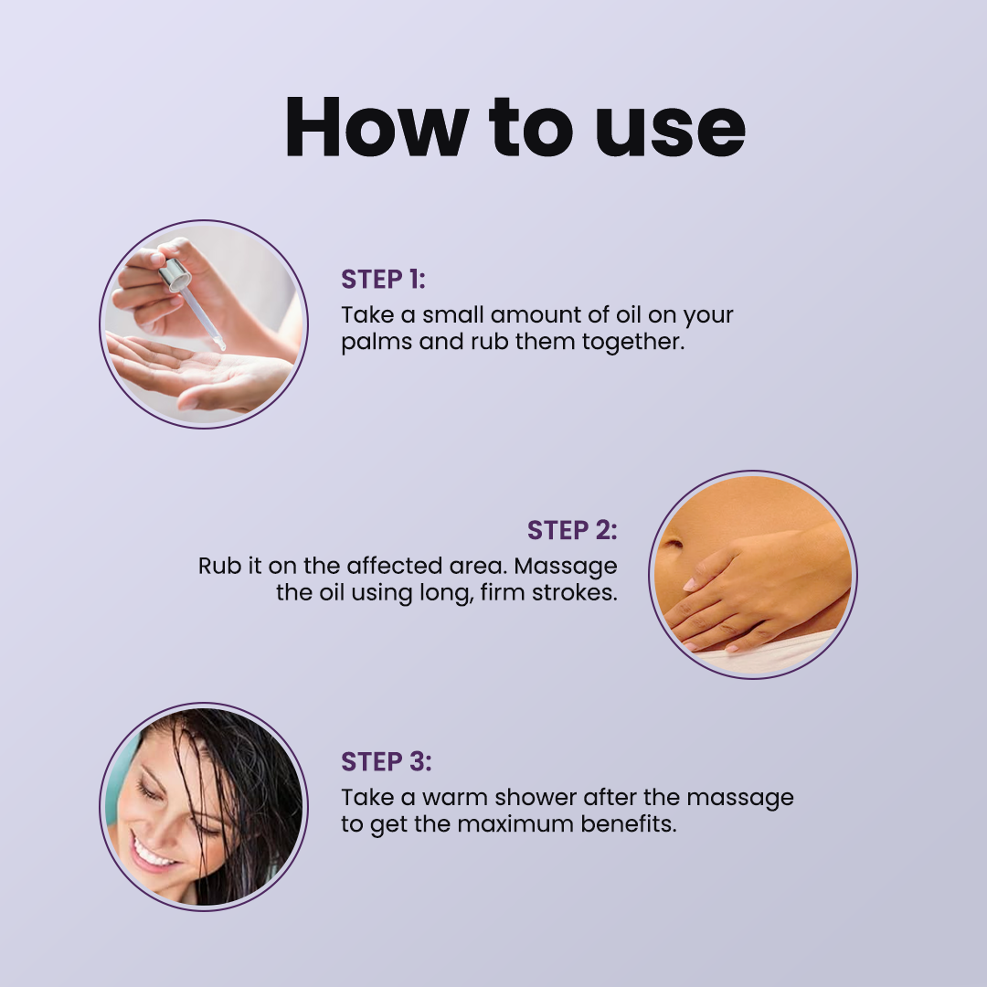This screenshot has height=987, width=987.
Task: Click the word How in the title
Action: [369, 128]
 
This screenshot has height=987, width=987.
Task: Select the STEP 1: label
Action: [383, 279]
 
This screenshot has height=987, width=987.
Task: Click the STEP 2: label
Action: [572, 530]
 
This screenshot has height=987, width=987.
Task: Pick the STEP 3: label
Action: [386, 761]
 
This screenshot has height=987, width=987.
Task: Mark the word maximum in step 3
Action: [515, 823]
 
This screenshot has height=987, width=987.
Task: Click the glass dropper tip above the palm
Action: [218, 343]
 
